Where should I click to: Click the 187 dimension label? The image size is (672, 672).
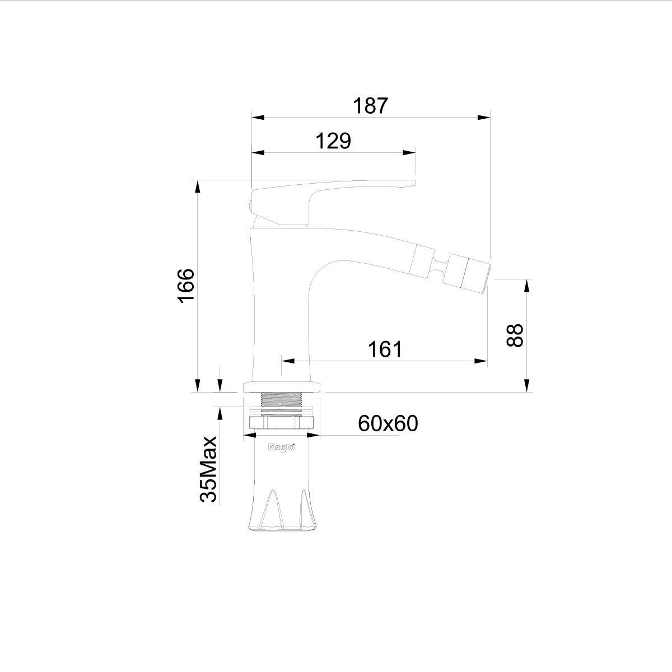370,106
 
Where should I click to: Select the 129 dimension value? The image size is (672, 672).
333,141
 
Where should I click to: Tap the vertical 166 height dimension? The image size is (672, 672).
186,286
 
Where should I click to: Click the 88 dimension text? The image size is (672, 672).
515,335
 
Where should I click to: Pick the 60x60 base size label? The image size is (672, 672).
388,424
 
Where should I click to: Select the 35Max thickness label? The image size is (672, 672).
208,469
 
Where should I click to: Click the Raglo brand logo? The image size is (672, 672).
281,447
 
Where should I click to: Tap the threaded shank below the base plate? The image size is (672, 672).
281,403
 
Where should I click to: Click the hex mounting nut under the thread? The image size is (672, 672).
282,423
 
